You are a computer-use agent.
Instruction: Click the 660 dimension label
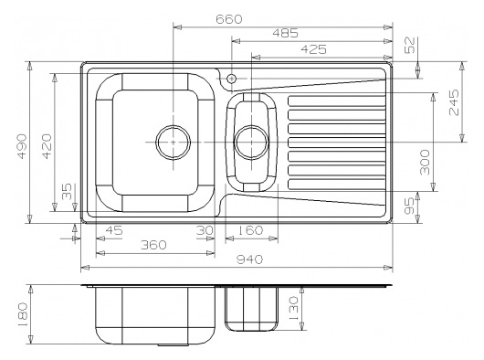(228, 19)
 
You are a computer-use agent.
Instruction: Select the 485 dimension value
(285, 33)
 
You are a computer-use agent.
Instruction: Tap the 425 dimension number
(313, 49)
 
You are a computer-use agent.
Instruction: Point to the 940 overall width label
(249, 259)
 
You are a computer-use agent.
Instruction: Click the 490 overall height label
(22, 146)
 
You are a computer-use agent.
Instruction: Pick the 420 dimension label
(47, 146)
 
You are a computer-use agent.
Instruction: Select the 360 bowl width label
(153, 245)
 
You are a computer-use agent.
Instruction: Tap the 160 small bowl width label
(250, 230)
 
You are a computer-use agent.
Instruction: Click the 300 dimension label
(425, 162)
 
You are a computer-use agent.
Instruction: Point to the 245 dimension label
(454, 102)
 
